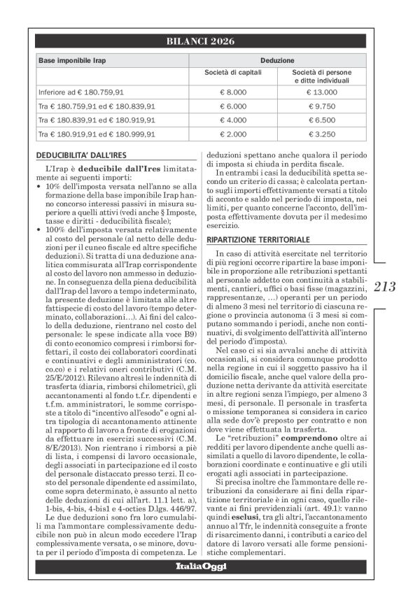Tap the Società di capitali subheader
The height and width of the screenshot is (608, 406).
(233, 73)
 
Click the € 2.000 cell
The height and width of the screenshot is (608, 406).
(233, 134)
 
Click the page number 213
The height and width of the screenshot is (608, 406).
(385, 285)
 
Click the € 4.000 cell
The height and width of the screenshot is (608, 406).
(233, 120)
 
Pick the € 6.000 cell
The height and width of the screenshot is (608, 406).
(233, 106)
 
